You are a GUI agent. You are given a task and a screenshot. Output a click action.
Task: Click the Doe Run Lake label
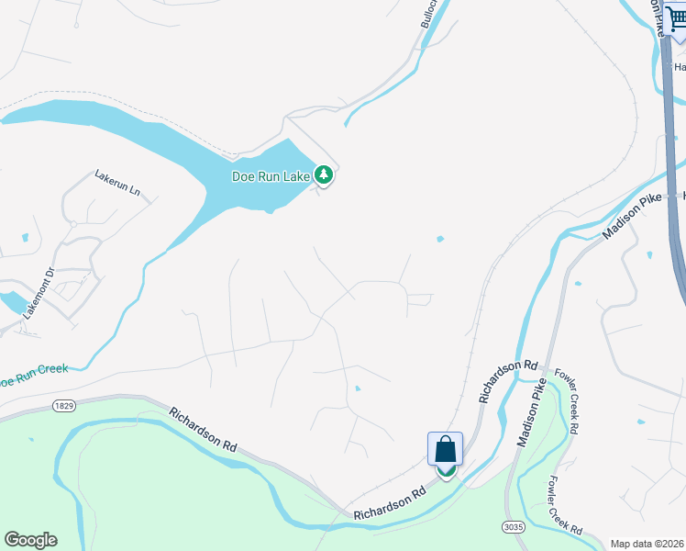pos(271,175)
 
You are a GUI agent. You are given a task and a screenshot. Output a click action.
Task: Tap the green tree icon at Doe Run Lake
pos(323,174)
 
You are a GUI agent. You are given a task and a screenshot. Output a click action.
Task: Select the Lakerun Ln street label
pos(117,181)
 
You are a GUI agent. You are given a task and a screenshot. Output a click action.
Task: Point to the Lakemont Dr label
pos(39,290)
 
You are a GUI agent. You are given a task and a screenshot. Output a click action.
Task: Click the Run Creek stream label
pos(34,374)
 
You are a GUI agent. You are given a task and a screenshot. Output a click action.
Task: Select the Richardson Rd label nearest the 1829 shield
pos(204,429)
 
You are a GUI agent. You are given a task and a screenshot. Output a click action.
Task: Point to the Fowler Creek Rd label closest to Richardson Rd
pos(564,401)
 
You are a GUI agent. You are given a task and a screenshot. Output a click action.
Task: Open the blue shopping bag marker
pos(446,449)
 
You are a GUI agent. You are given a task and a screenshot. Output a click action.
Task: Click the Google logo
pos(30,540)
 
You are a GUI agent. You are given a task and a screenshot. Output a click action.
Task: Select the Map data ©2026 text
pos(647,544)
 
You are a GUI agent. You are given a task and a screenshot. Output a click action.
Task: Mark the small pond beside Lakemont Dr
pos(13,301)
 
